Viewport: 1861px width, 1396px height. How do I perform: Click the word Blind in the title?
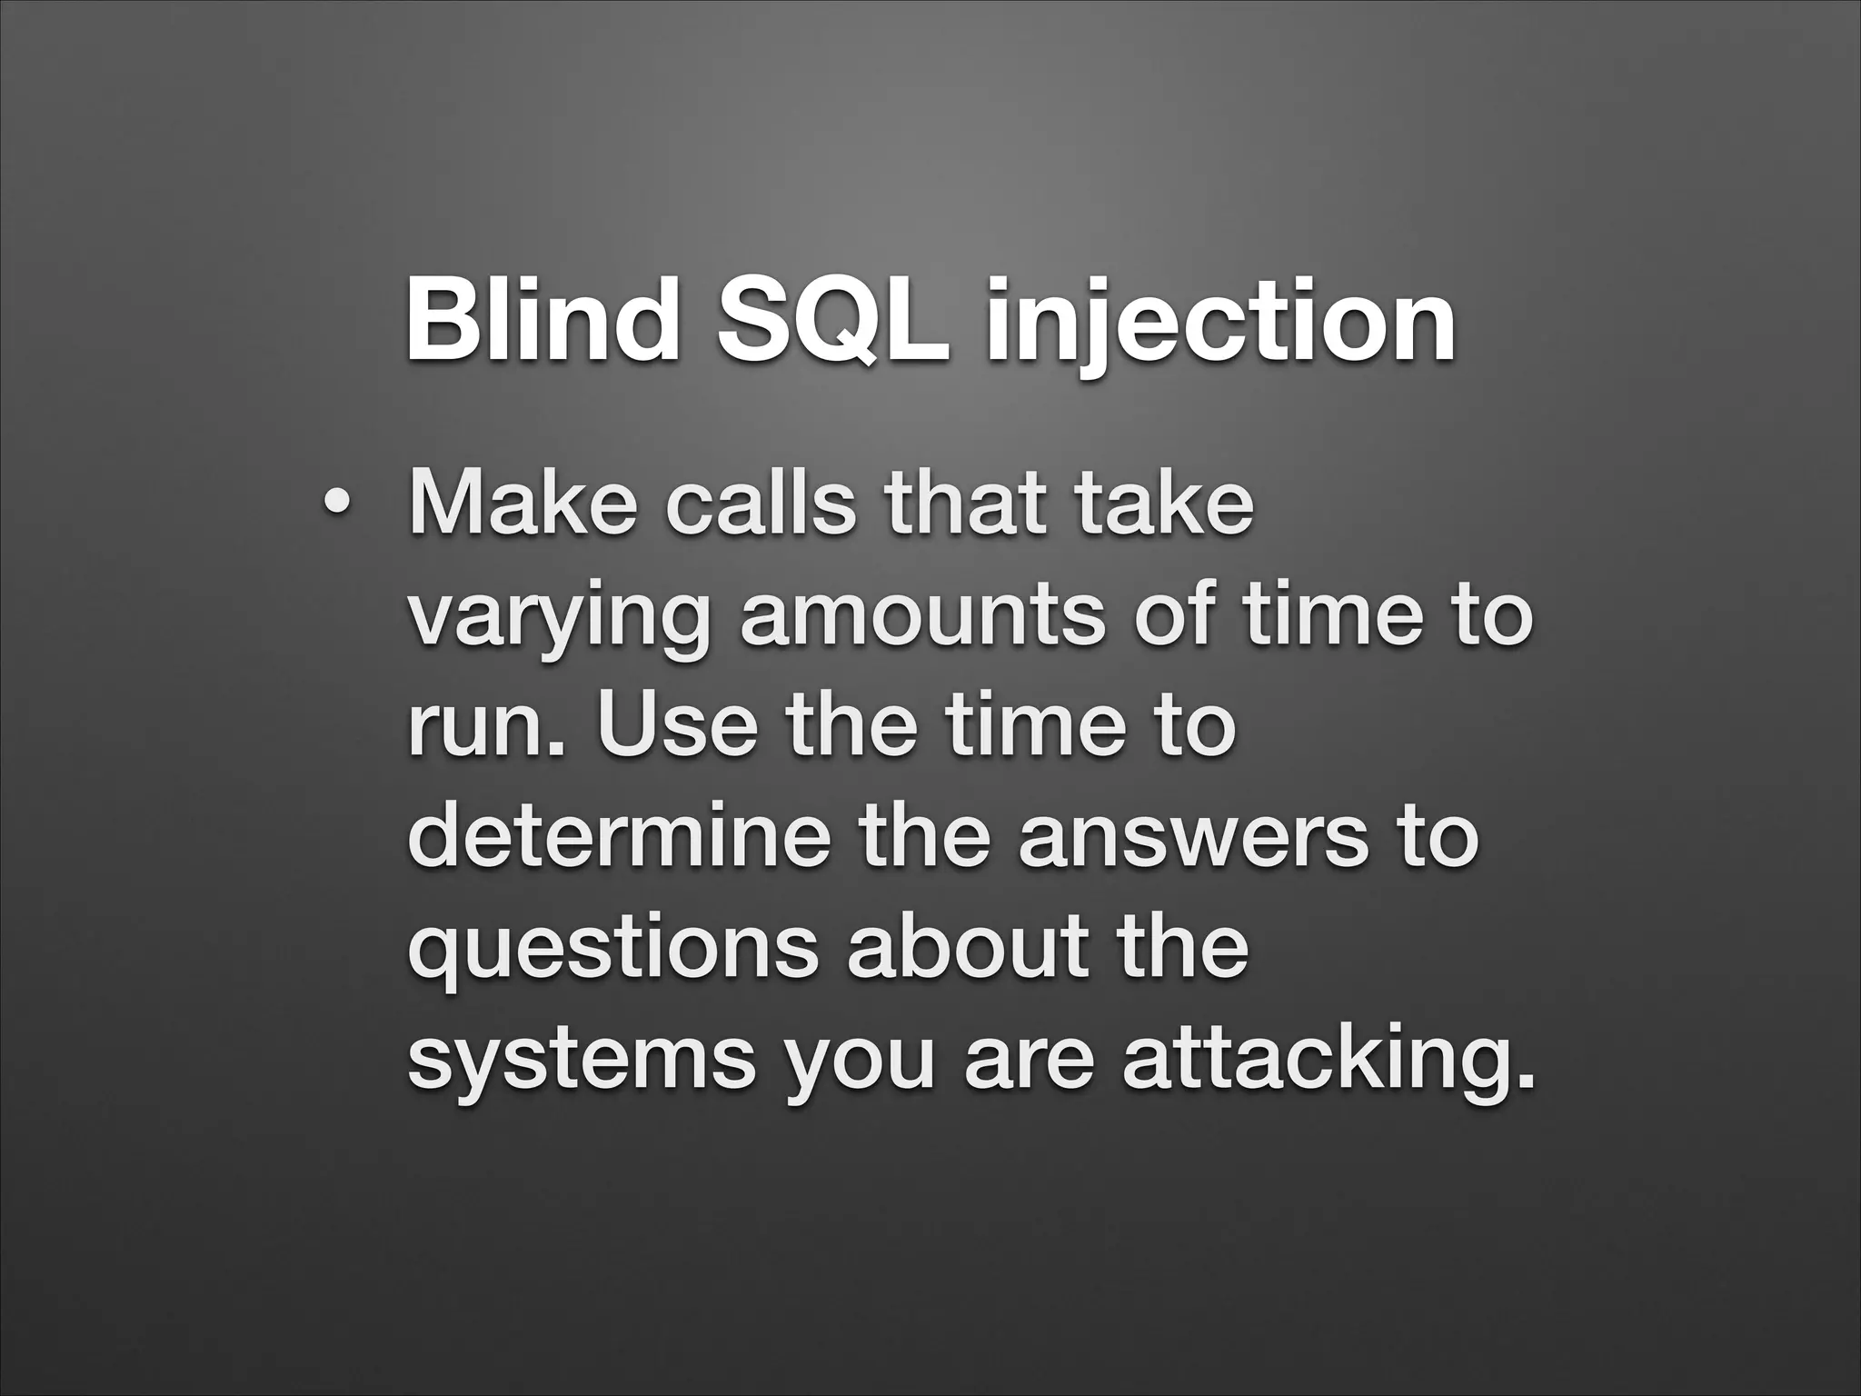541,320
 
